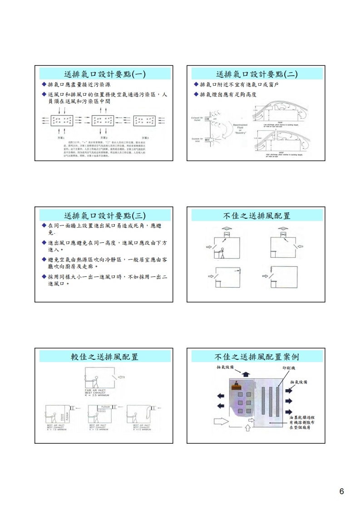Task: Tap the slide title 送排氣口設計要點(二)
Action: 256,74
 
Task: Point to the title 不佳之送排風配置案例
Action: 256,356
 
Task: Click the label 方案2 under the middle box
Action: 104,137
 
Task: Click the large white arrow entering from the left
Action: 221,421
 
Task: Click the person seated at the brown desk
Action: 236,384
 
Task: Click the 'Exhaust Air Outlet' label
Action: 197,119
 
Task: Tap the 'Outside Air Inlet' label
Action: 197,140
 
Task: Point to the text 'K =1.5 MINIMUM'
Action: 141,429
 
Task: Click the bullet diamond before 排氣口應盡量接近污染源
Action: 44,85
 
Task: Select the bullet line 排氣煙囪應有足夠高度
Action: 228,94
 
